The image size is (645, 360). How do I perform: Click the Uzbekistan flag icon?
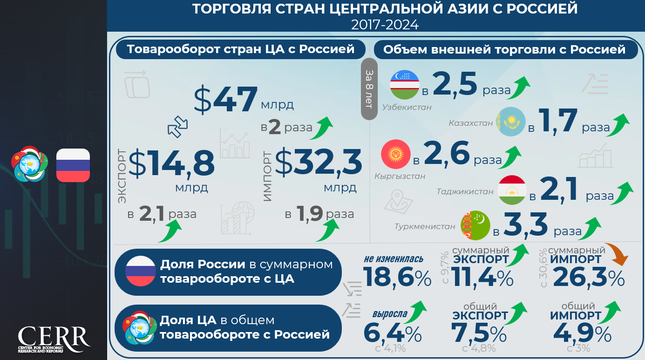pos(404,85)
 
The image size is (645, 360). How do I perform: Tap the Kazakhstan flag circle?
pos(510,122)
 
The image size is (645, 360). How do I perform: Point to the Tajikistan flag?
pos(512,190)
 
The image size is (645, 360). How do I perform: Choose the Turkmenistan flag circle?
pos(475,225)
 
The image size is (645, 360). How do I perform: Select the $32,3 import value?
pos(319,163)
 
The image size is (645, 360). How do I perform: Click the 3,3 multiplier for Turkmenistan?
pos(525,225)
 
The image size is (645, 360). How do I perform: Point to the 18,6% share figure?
pos(397,278)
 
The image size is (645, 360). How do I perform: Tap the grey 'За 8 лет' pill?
pos(369,89)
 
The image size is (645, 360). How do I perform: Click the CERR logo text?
pos(54,337)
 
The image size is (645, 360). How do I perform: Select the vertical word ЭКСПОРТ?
pos(122,176)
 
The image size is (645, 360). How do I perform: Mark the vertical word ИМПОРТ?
pos(267,176)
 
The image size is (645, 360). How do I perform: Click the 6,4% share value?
pos(392,334)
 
